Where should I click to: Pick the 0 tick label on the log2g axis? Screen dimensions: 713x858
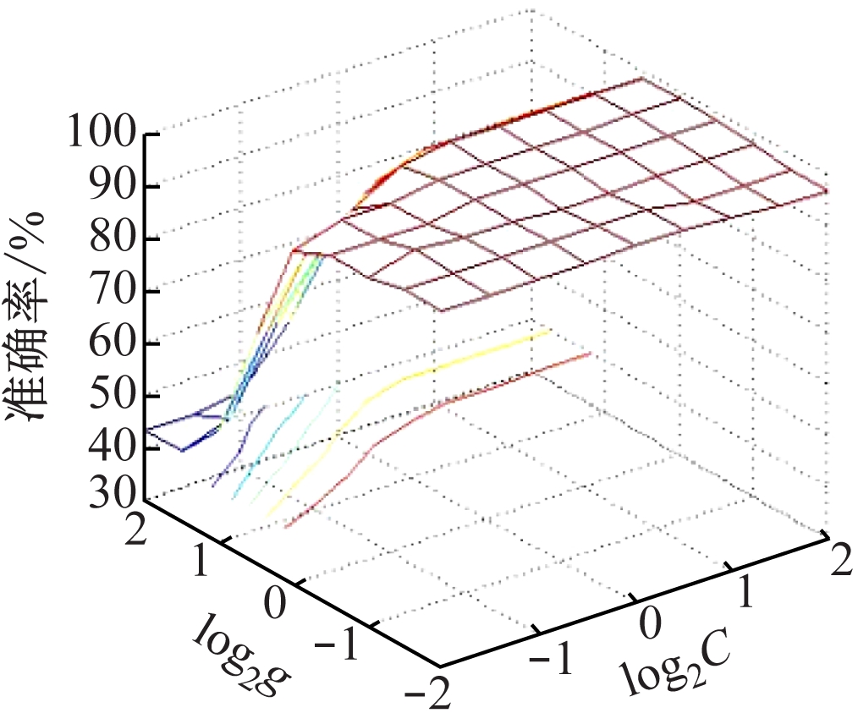[x=276, y=602]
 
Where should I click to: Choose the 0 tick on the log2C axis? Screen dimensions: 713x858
[x=650, y=624]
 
